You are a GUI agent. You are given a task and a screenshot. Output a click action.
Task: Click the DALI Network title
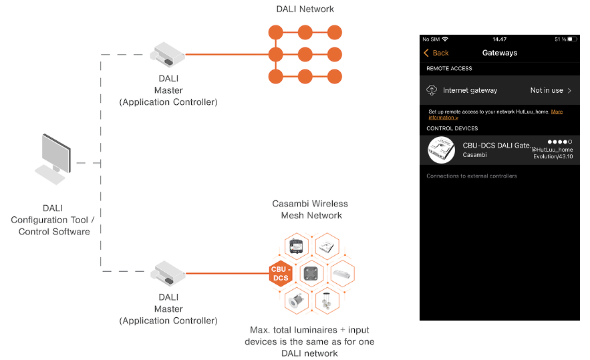point(305,9)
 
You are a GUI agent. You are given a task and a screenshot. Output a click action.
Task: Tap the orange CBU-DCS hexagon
point(279,275)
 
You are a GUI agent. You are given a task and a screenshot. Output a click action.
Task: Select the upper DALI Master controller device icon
point(168,54)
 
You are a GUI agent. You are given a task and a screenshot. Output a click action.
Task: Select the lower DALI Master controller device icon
point(168,273)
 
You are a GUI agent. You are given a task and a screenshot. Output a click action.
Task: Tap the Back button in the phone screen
point(436,53)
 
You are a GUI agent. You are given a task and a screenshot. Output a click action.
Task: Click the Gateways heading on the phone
point(499,53)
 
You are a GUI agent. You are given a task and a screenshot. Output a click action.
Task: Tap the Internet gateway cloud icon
point(432,90)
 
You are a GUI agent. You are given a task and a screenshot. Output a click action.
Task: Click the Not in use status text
point(547,90)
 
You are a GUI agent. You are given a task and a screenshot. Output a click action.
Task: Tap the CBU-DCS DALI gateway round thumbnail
point(441,150)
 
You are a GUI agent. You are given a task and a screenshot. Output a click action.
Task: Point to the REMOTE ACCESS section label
point(449,68)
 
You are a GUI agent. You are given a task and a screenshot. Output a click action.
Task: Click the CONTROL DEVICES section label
point(452,128)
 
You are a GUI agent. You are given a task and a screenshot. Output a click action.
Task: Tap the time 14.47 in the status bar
point(499,39)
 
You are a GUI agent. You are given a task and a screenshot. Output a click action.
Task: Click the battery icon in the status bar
point(572,39)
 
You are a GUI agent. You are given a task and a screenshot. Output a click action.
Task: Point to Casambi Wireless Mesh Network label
point(311,209)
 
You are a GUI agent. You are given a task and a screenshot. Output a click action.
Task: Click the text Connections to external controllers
point(472,176)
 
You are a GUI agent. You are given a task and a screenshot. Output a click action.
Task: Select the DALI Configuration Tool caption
point(54,220)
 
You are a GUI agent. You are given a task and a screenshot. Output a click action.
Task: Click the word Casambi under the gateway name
point(475,155)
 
